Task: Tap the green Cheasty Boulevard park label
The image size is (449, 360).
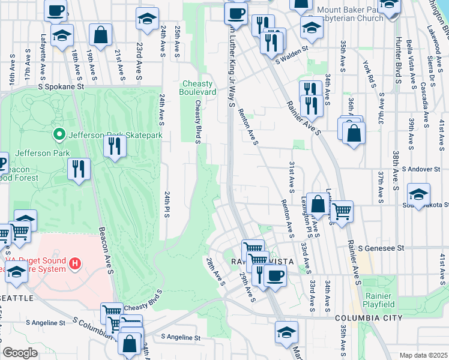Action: coord(198,88)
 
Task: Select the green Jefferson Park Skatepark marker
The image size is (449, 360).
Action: coord(59,134)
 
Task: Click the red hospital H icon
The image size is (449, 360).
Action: coord(75,263)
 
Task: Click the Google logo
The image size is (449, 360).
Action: coord(20,353)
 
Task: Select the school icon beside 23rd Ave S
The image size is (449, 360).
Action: coord(147,19)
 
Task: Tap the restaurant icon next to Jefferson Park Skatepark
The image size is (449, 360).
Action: coord(113,146)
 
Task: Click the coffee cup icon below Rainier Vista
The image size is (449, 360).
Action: coord(276,275)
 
